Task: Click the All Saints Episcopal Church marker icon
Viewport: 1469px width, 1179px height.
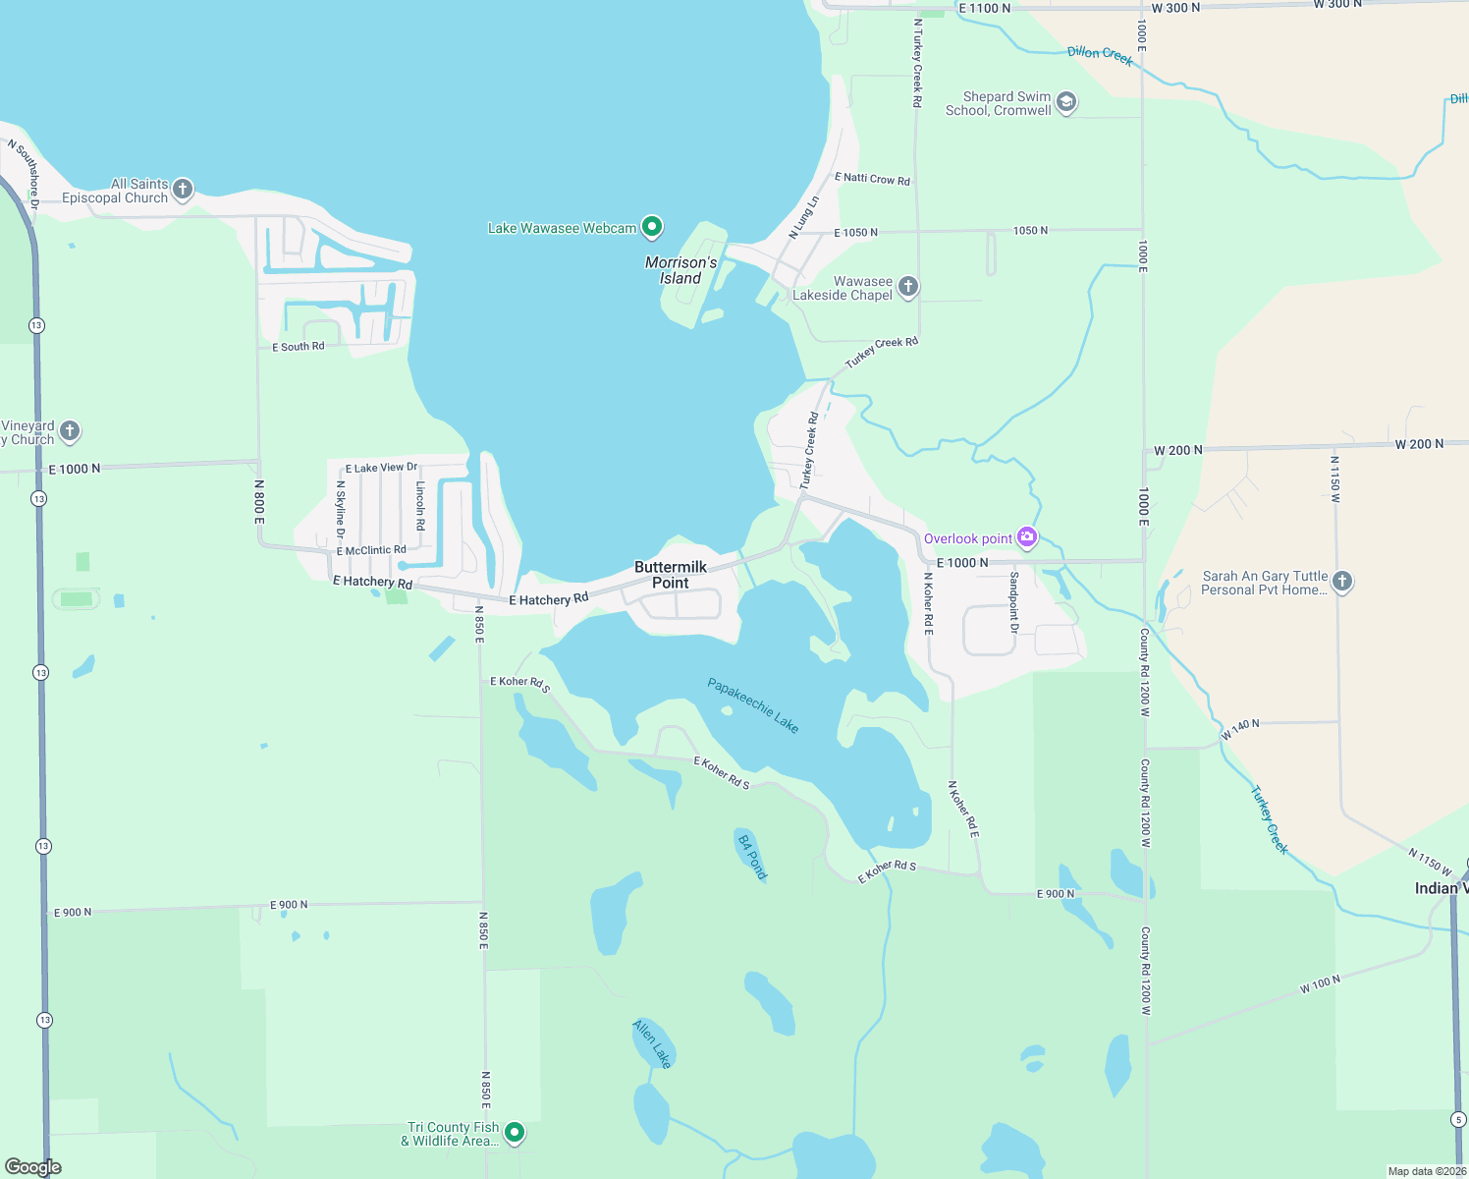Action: (x=183, y=189)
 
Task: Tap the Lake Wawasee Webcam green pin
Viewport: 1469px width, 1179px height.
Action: (x=651, y=227)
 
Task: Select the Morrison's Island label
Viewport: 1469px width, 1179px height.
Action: (x=680, y=270)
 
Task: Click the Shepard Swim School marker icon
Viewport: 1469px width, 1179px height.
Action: (x=1066, y=102)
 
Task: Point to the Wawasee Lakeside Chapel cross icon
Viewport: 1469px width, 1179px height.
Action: (x=908, y=287)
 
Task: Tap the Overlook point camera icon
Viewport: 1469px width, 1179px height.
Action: (x=1027, y=536)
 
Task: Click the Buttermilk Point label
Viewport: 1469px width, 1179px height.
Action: (x=671, y=575)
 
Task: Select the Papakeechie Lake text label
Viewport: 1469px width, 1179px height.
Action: (x=753, y=705)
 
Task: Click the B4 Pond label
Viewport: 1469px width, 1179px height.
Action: (x=752, y=857)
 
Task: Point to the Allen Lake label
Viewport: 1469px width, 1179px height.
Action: (x=652, y=1043)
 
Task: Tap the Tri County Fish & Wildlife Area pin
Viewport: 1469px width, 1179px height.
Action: (x=514, y=1133)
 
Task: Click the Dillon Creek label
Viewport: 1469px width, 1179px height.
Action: (x=1100, y=55)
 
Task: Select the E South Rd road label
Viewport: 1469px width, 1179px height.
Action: (x=299, y=347)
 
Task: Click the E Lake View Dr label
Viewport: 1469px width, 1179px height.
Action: (x=381, y=468)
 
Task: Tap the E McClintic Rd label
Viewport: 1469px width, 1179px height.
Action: (x=371, y=550)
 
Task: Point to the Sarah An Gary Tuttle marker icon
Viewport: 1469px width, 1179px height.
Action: (x=1342, y=582)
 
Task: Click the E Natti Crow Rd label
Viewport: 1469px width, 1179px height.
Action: (x=872, y=179)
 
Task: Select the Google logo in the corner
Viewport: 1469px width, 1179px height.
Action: (x=33, y=1167)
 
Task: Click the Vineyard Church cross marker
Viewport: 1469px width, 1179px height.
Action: (x=70, y=430)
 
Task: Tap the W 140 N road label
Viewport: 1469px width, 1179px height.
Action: (x=1240, y=729)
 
